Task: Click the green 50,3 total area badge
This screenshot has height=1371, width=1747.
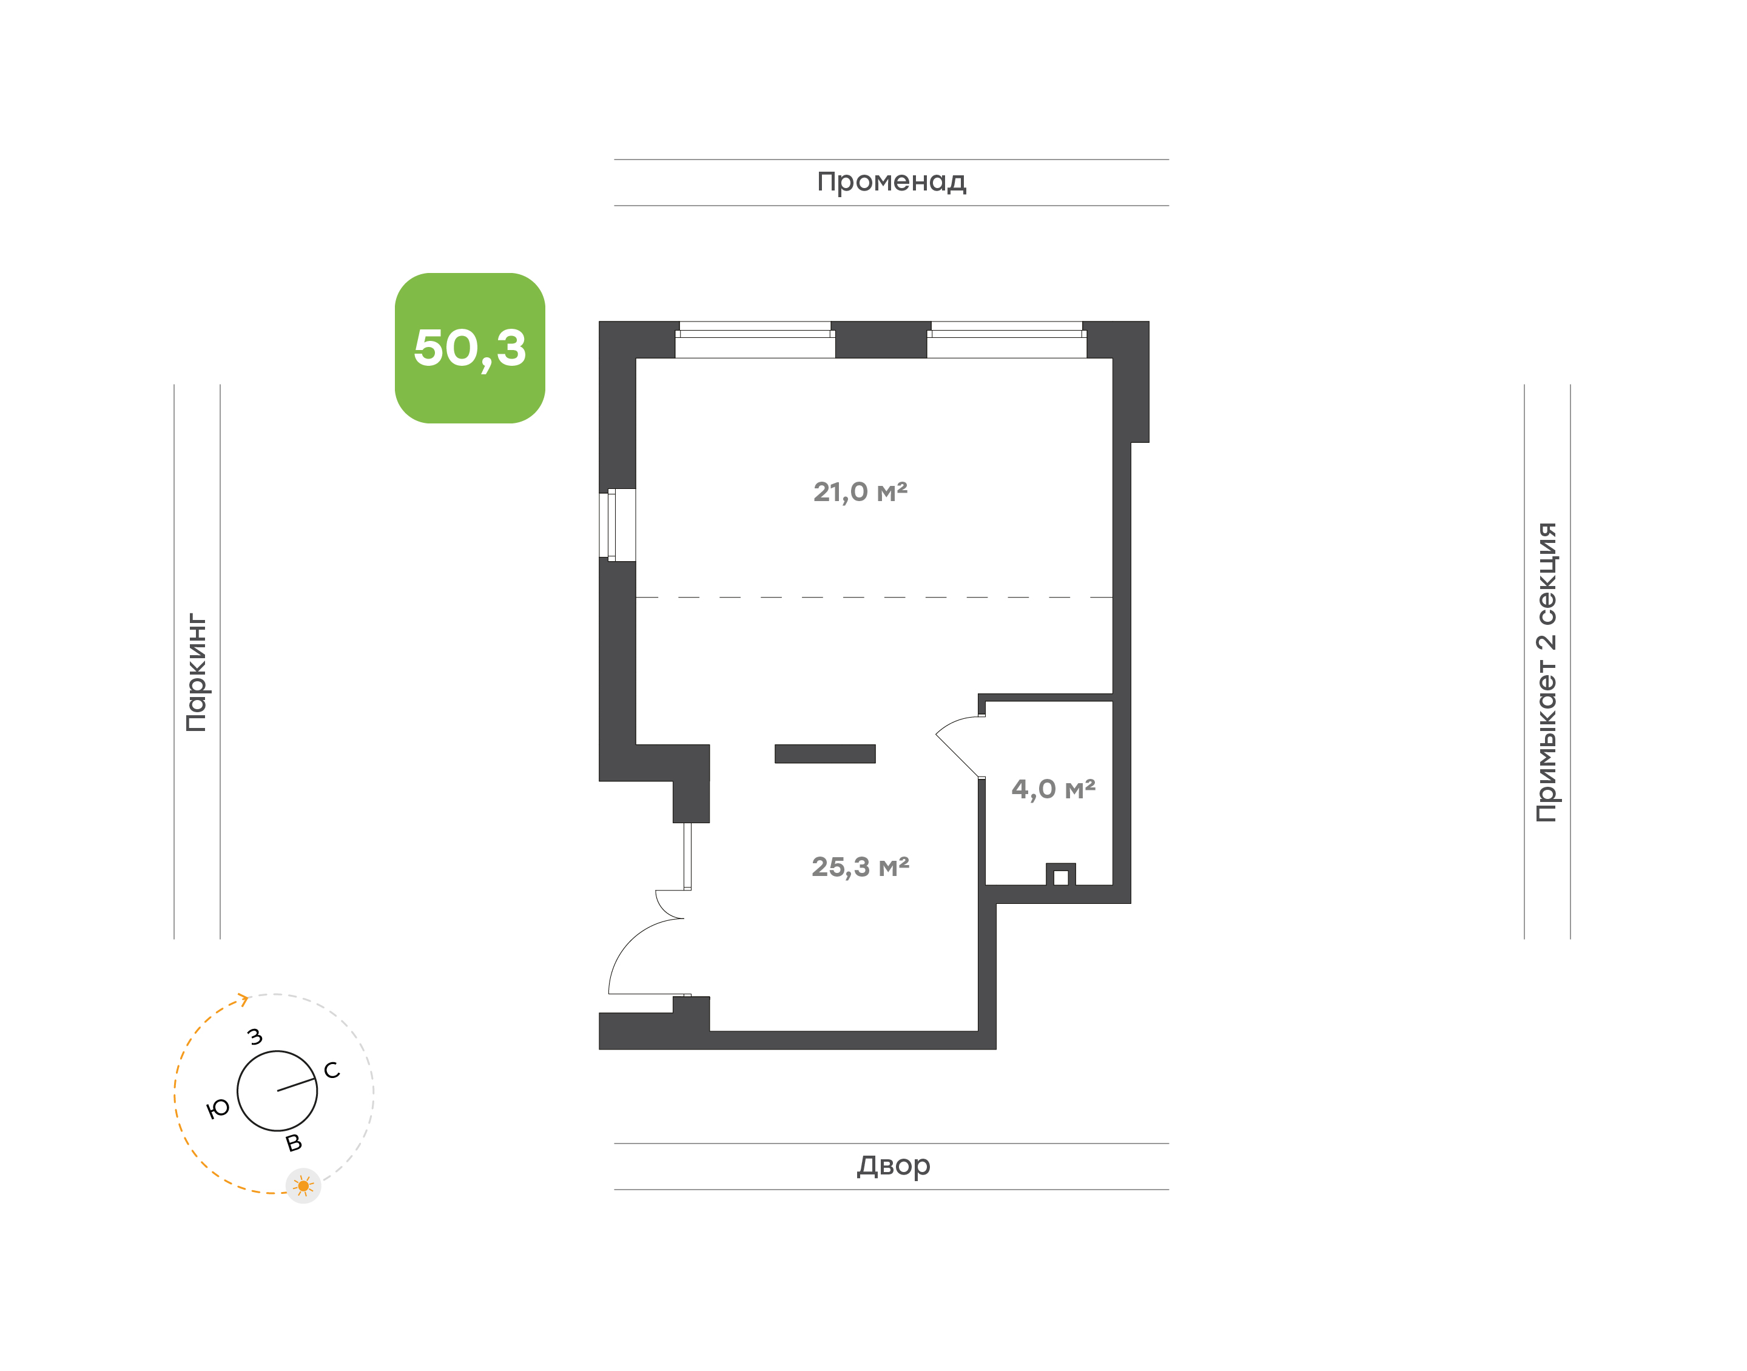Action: pos(470,348)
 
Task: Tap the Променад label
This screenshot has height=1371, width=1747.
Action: pos(892,182)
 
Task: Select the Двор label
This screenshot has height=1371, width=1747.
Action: pos(893,1165)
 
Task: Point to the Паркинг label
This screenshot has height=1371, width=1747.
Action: pos(197,673)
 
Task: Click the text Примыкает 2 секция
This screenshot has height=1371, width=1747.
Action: pos(1546,672)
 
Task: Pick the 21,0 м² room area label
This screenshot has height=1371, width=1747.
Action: pos(860,491)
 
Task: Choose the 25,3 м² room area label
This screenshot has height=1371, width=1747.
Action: pos(860,866)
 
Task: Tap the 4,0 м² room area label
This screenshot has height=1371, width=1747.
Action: pos(1053,789)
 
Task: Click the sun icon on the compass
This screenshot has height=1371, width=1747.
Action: pos(303,1185)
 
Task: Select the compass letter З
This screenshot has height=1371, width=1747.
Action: pos(255,1036)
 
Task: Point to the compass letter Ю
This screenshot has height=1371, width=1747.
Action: pos(218,1108)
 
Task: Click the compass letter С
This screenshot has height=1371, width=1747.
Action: pos(331,1070)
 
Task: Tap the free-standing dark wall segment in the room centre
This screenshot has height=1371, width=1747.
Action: pos(825,753)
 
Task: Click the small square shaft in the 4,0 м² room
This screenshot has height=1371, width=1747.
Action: pos(1060,875)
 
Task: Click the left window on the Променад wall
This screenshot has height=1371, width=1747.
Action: pos(755,340)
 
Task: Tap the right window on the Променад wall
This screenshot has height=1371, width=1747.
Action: pos(1006,340)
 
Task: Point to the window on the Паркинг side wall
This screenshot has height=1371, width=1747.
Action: pos(617,525)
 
